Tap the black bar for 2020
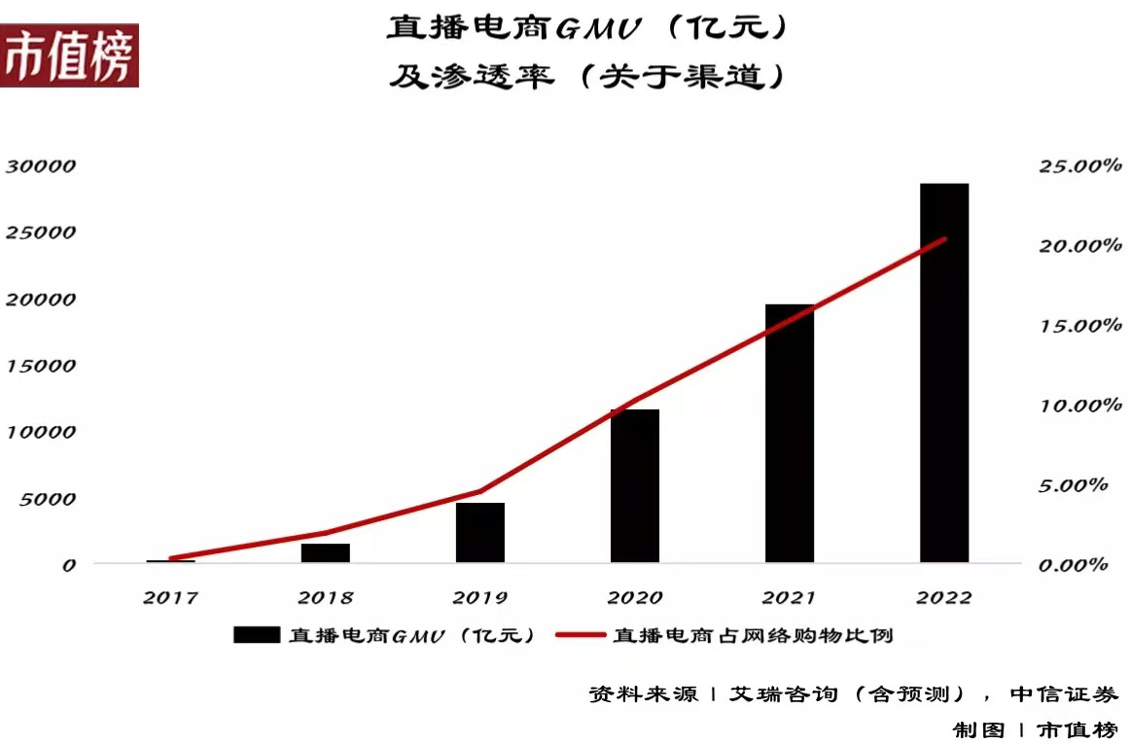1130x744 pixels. pyautogui.click(x=634, y=485)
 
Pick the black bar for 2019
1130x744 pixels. pyautogui.click(x=479, y=532)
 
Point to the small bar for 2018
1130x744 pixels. pyautogui.click(x=325, y=552)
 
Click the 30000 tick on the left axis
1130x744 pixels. pyautogui.click(x=41, y=166)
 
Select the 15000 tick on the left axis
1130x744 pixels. pyautogui.click(x=41, y=366)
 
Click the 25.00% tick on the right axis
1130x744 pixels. pyautogui.click(x=1079, y=166)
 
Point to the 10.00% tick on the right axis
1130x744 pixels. pyautogui.click(x=1079, y=406)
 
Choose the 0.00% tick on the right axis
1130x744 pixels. pyautogui.click(x=1079, y=565)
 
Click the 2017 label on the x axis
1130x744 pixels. pyautogui.click(x=170, y=597)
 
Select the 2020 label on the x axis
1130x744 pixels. pyautogui.click(x=634, y=597)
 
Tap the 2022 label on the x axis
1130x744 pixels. pyautogui.click(x=943, y=597)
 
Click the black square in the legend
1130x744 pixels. pyautogui.click(x=257, y=636)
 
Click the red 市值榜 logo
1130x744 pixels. pyautogui.click(x=69, y=56)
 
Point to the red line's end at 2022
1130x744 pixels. pyautogui.click(x=943, y=239)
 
